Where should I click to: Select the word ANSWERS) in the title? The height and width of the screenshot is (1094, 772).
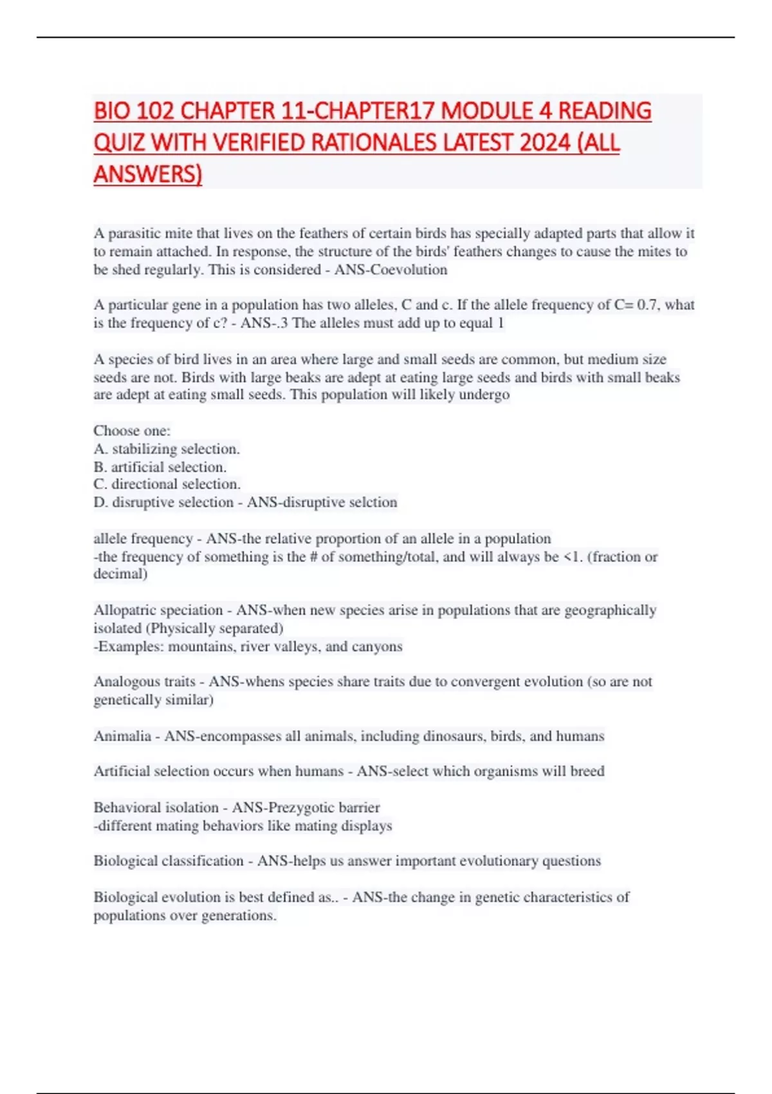(x=148, y=174)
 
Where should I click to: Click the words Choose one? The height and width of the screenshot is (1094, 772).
(x=132, y=431)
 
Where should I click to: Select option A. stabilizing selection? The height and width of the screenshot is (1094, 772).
(x=167, y=449)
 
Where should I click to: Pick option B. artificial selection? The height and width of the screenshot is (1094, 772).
(x=160, y=467)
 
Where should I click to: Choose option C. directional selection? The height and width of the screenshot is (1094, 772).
(x=167, y=484)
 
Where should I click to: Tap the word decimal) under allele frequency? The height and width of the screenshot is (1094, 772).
(x=120, y=573)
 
